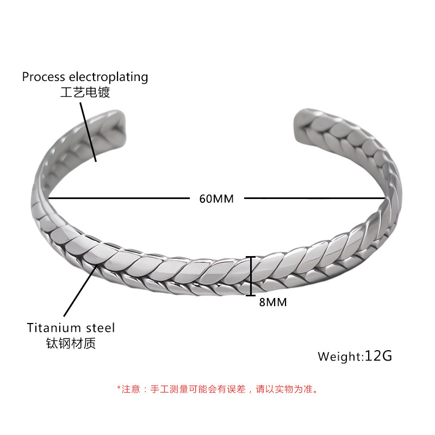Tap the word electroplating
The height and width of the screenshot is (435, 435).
(x=107, y=77)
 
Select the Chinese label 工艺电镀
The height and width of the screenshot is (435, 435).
(x=85, y=92)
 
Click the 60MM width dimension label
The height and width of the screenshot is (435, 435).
(x=216, y=198)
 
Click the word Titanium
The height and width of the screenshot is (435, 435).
(x=53, y=328)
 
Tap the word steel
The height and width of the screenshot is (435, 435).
(x=100, y=328)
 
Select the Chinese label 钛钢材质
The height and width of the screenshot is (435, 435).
(x=71, y=343)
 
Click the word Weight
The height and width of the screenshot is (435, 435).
(x=339, y=357)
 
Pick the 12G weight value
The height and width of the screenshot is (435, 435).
(x=378, y=356)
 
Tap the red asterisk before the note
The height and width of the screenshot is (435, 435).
(x=119, y=388)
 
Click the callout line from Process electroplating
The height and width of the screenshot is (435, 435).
(x=89, y=130)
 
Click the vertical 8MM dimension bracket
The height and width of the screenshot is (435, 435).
(x=251, y=276)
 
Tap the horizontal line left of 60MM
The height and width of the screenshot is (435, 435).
(x=120, y=198)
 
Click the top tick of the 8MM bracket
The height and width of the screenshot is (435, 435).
(x=251, y=257)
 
